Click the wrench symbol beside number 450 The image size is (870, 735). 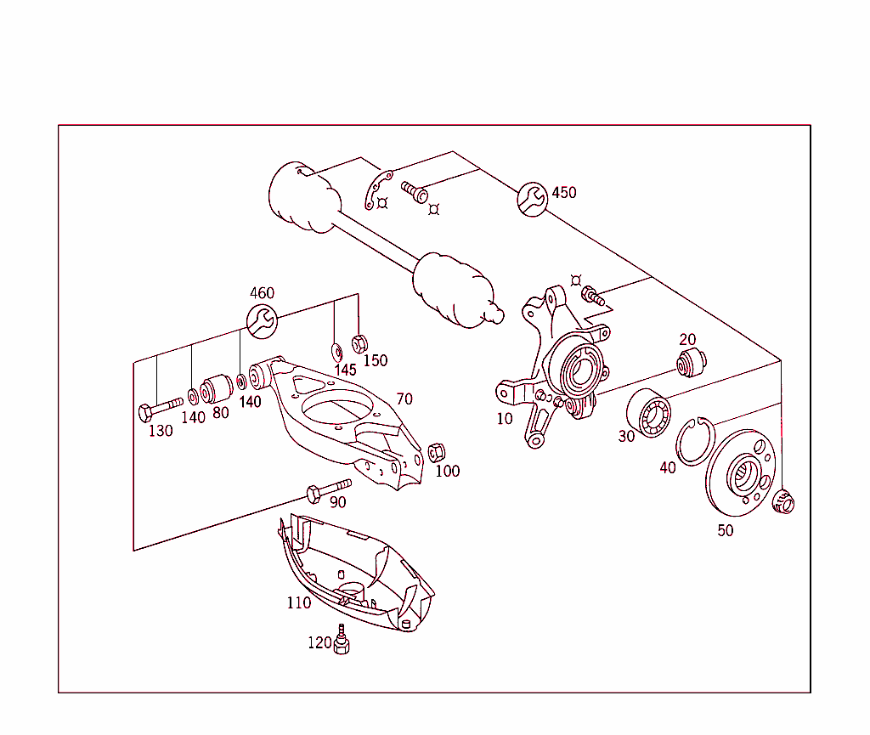[x=533, y=199]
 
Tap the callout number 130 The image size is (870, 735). [x=160, y=431]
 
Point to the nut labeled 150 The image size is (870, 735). [x=359, y=342]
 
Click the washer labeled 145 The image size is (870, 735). [x=336, y=351]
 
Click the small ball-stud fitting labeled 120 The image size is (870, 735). [x=342, y=640]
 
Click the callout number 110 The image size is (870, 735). [x=298, y=602]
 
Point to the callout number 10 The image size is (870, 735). [x=505, y=419]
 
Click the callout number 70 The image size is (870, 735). [x=404, y=399]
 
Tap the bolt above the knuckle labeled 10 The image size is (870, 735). [x=591, y=297]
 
